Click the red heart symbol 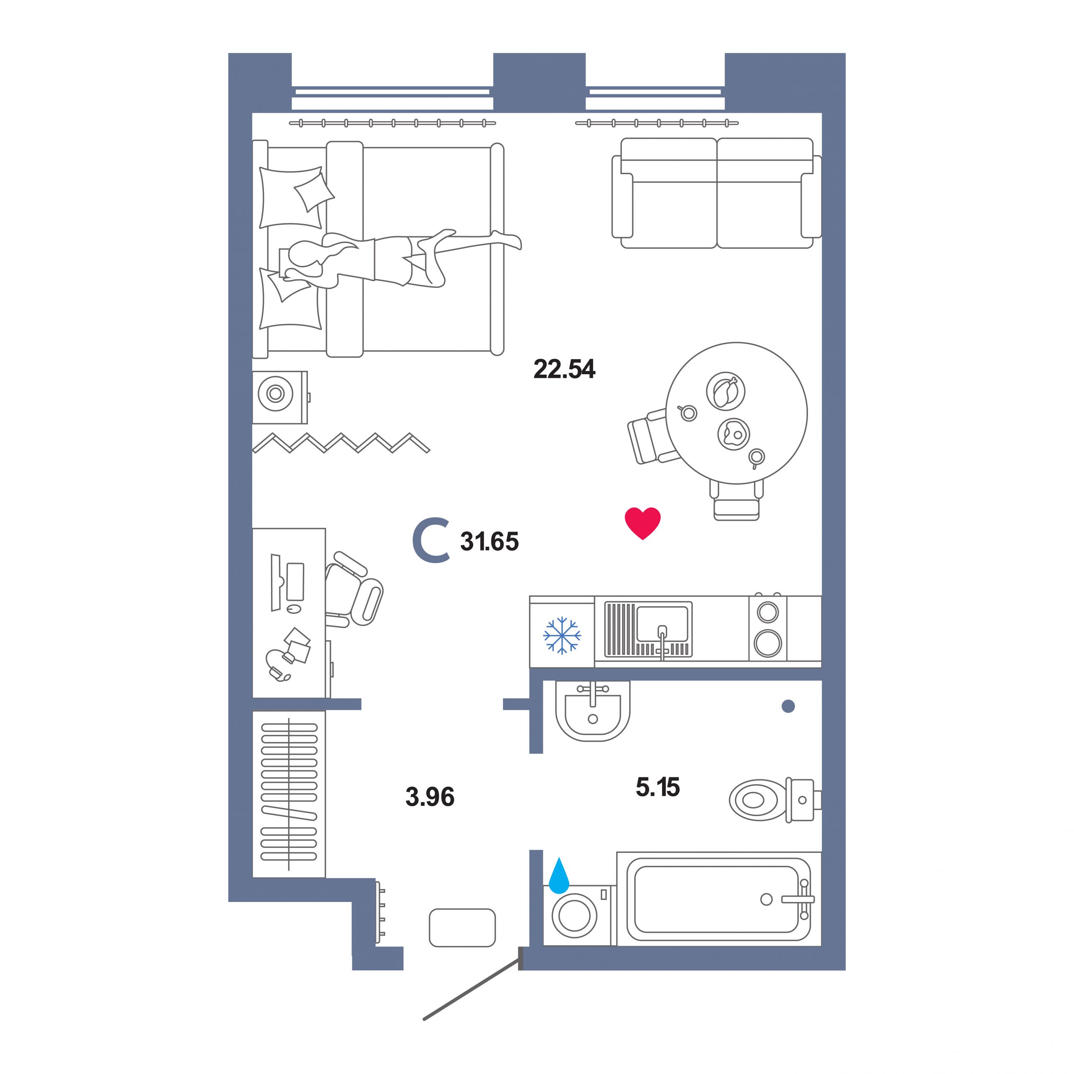point(643,523)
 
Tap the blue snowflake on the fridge point(562,635)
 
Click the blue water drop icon point(559,876)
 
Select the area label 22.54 point(564,369)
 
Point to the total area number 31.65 point(489,542)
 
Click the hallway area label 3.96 point(430,797)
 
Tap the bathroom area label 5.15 point(658,787)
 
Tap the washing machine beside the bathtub point(576,915)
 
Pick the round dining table point(737,413)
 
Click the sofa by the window point(717,193)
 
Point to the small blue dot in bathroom point(788,706)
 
